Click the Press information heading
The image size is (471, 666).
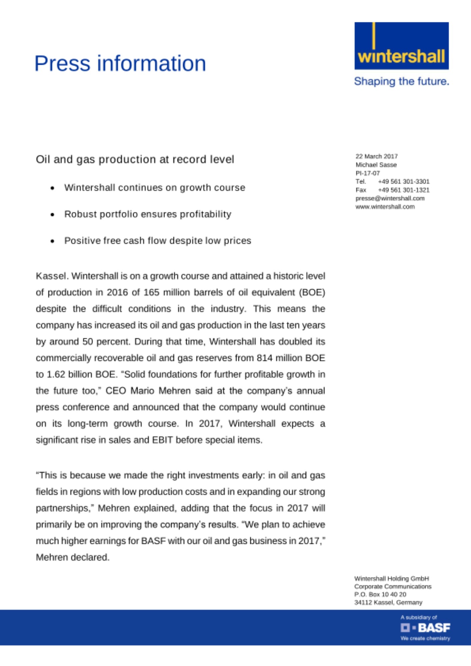120,63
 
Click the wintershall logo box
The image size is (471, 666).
401,46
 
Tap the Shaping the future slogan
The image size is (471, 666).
401,81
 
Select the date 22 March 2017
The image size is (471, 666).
376,156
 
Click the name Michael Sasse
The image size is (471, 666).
376,165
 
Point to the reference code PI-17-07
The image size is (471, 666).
367,173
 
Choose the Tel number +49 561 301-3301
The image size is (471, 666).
404,181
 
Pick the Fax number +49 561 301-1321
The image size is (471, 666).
404,190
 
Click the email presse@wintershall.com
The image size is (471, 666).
390,198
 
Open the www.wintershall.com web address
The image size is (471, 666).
385,207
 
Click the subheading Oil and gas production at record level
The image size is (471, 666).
135,160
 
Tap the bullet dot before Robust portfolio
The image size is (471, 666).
52,215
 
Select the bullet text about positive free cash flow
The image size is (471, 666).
158,241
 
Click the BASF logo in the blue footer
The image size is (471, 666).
425,628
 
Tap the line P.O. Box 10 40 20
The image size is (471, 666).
380,594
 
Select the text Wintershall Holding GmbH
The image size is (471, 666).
391,578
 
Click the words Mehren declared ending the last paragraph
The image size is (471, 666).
73,557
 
